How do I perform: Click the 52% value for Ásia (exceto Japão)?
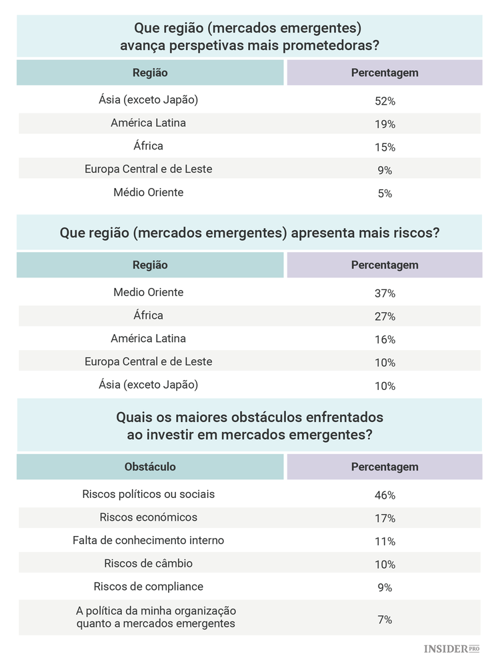coord(385,101)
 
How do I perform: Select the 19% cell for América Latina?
coord(385,125)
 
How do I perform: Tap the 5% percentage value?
coord(385,194)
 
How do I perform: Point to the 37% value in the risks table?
coord(385,293)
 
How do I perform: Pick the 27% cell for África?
coord(385,317)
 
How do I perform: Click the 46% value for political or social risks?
coord(385,495)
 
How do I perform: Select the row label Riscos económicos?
coord(149,517)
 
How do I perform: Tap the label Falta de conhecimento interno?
coord(149,540)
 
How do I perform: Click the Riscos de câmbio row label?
coord(149,563)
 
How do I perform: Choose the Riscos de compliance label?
coord(149,587)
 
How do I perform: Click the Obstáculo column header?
coord(150,467)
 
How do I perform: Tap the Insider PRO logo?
coord(451,649)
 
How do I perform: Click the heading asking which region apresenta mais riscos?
coord(249,233)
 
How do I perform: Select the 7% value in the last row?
coord(385,619)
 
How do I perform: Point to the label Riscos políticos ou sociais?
coord(149,495)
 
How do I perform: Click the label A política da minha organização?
coord(156,611)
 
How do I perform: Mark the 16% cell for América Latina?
coord(385,340)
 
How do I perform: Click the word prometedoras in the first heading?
coord(338,46)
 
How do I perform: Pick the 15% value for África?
coord(385,147)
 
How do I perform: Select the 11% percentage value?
coord(385,541)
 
